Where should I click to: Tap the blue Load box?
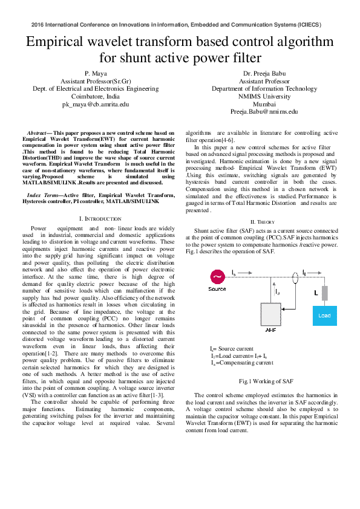click(325, 316)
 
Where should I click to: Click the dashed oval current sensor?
click(295, 277)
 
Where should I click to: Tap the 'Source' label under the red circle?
click(217, 289)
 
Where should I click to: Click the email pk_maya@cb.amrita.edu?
click(96, 105)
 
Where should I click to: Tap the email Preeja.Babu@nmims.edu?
click(264, 112)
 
